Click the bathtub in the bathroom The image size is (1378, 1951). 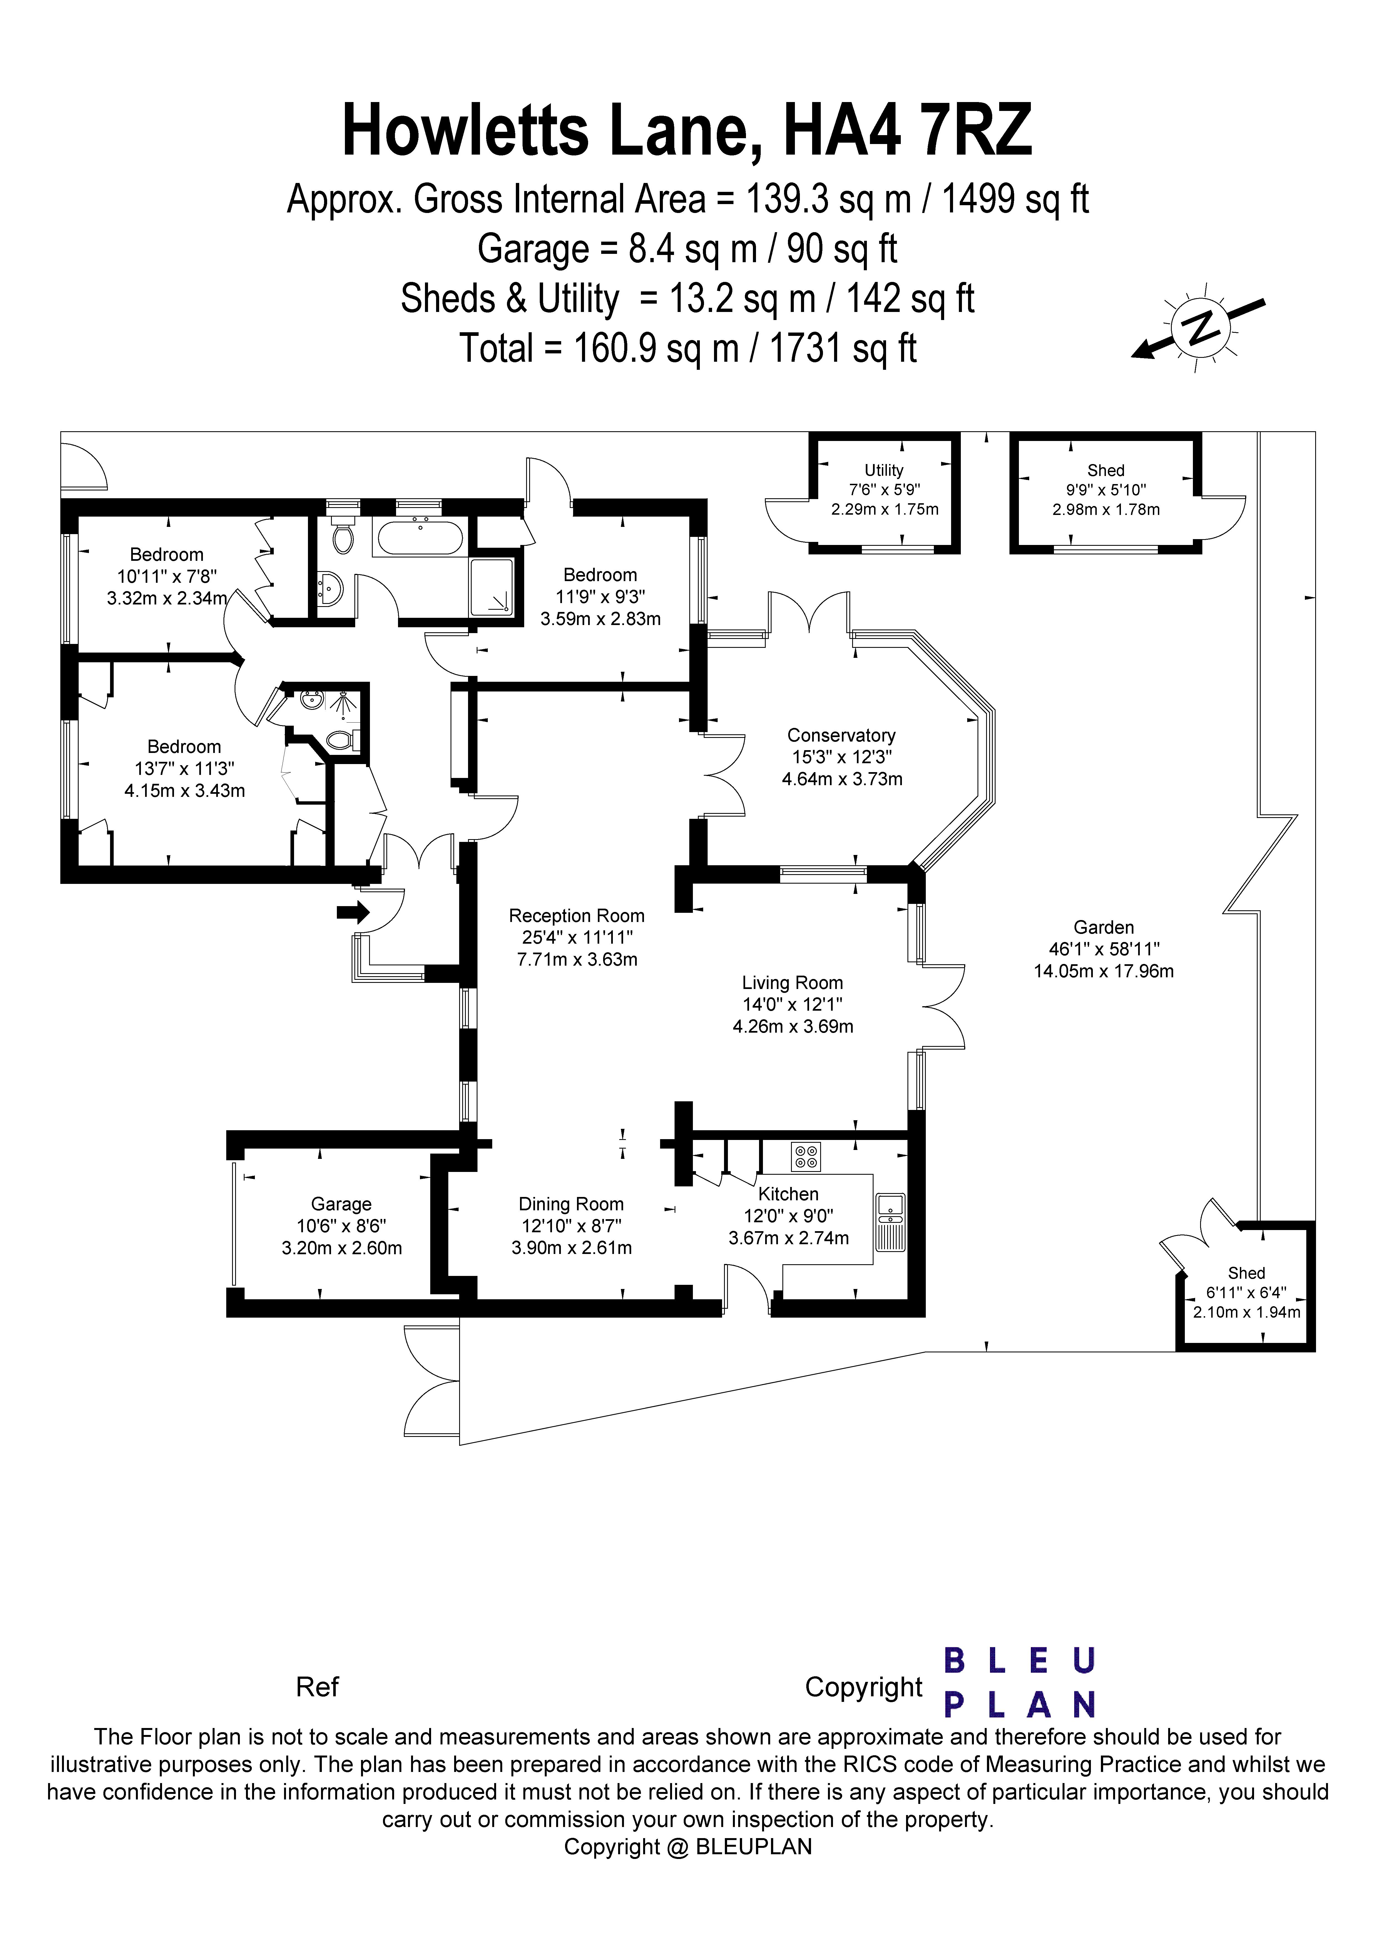point(420,538)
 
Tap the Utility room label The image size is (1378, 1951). point(884,470)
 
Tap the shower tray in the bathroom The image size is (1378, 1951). point(492,586)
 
